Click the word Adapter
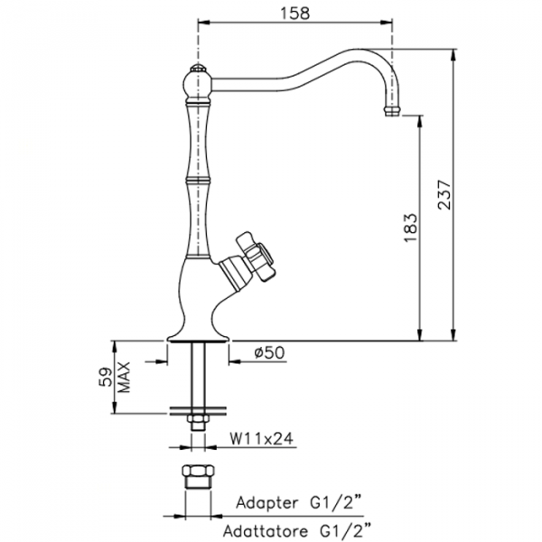pyautogui.click(x=266, y=501)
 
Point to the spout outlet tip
pyautogui.click(x=391, y=111)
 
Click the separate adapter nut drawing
pyautogui.click(x=195, y=479)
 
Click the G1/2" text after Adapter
pyautogui.click(x=339, y=501)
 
